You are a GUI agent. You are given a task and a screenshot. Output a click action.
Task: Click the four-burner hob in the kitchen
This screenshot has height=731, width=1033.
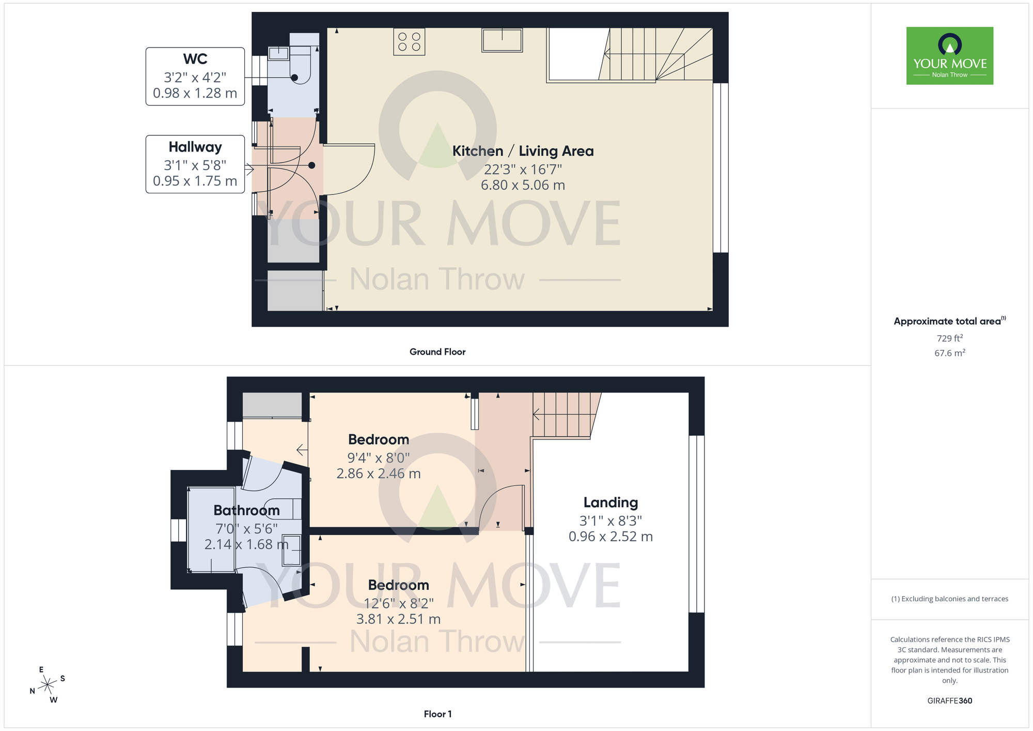409,42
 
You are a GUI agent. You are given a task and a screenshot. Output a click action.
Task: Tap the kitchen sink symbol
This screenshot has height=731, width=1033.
502,40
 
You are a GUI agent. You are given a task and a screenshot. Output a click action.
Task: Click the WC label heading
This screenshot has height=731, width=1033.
195,59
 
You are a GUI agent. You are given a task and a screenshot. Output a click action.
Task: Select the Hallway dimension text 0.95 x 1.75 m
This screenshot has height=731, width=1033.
195,181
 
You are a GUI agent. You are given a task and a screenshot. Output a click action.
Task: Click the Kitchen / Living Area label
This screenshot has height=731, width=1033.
523,151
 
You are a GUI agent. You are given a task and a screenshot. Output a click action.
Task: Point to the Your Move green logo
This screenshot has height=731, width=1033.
949,56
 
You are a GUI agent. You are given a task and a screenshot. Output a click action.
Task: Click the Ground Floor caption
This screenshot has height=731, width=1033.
437,352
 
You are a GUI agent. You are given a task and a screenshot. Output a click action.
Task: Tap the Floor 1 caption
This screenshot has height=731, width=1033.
437,714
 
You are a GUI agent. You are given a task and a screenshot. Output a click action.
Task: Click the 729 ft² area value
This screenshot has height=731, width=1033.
949,338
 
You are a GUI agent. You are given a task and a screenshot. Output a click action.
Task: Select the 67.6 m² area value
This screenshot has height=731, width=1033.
949,353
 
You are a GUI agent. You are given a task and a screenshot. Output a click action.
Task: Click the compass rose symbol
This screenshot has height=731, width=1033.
48,685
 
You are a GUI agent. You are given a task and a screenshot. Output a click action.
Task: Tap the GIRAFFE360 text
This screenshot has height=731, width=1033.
949,701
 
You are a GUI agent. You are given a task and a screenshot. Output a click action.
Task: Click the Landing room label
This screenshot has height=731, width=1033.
611,502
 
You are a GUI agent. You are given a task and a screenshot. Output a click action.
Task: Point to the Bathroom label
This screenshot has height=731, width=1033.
246,510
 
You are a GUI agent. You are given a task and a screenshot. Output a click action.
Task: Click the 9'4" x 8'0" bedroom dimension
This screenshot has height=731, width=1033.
378,458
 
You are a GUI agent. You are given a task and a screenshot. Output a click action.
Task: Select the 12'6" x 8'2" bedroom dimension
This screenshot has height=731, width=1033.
398,603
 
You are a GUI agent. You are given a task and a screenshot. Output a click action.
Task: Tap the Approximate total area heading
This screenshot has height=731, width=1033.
949,321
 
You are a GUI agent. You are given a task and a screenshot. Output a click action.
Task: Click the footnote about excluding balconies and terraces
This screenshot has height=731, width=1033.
949,599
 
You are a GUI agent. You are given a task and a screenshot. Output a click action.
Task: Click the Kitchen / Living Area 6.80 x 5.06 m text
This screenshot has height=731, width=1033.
523,185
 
